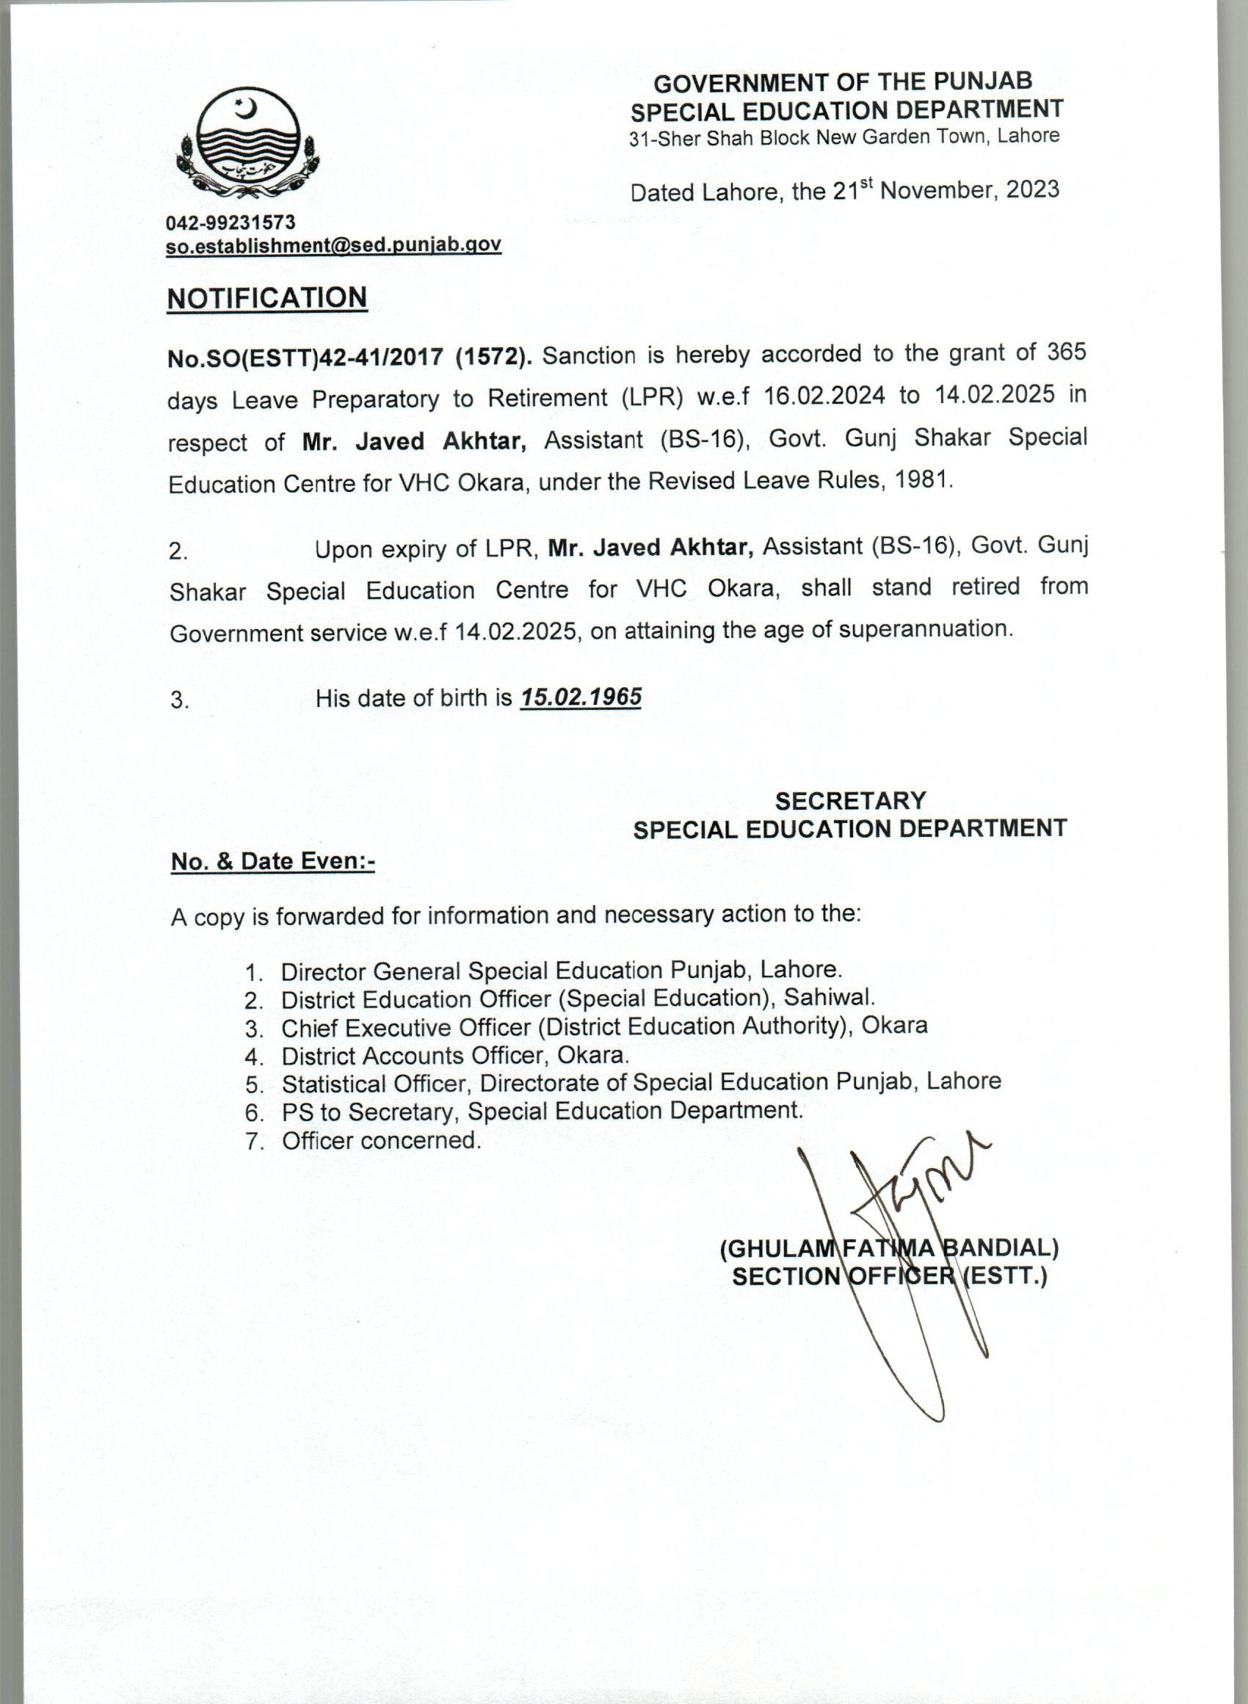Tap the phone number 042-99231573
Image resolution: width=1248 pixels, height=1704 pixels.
[x=231, y=222]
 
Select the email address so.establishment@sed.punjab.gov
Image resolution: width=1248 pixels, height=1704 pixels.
[x=333, y=245]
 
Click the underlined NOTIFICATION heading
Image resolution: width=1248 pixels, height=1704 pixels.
[x=266, y=298]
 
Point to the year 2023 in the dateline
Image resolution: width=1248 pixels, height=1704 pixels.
[x=1032, y=189]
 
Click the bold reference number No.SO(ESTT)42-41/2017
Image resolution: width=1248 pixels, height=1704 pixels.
[x=305, y=358]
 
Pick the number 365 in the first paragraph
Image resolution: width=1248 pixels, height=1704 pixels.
[x=1066, y=352]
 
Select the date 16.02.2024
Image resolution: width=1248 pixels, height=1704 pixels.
[x=824, y=396]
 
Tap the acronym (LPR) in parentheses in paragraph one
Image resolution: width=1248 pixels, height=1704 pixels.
[x=652, y=397]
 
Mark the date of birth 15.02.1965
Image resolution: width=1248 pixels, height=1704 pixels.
[x=581, y=697]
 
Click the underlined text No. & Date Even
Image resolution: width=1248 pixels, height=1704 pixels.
[x=272, y=861]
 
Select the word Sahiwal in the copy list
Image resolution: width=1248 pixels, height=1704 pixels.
[x=829, y=997]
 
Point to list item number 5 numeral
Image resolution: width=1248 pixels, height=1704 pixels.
[x=253, y=1085]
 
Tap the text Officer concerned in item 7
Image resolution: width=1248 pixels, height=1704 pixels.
[x=381, y=1141]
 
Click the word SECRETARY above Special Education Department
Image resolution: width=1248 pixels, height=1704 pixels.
[x=850, y=801]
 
